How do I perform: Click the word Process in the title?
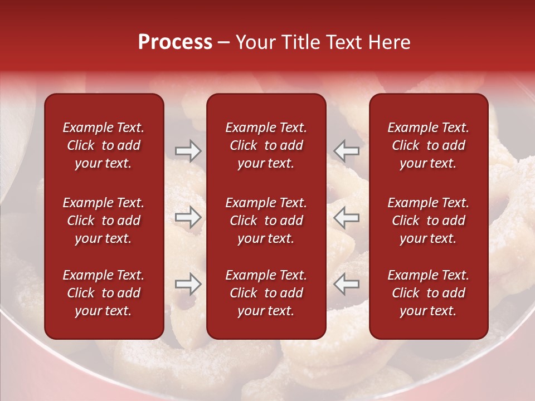coord(175,42)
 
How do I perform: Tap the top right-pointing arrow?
coord(188,151)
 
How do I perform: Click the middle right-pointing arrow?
coord(188,217)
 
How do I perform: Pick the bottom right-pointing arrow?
coord(188,284)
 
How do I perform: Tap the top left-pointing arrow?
coord(347,151)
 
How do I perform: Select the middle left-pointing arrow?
coord(347,217)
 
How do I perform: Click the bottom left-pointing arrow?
coord(347,284)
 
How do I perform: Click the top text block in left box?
coord(104,145)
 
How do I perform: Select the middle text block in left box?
coord(104,221)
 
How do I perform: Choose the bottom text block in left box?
coord(104,293)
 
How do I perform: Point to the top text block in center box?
coord(266,145)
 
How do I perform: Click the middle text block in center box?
coord(266,221)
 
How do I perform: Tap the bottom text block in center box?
coord(266,293)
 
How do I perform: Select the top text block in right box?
coord(428,145)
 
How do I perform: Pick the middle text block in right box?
coord(428,221)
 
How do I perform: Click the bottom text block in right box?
coord(428,293)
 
